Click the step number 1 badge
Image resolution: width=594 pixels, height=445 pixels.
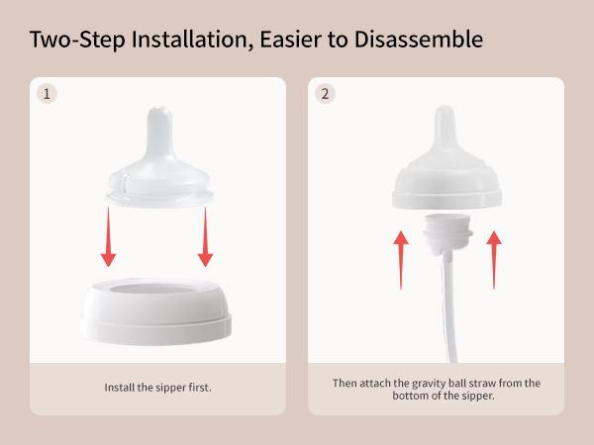click(46, 94)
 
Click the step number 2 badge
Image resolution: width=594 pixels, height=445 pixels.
click(325, 94)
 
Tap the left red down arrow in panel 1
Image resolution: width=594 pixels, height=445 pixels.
click(109, 237)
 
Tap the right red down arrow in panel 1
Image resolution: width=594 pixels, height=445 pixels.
click(206, 237)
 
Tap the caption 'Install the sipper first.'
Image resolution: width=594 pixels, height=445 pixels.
click(158, 388)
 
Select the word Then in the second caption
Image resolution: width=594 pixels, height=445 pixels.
click(344, 382)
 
